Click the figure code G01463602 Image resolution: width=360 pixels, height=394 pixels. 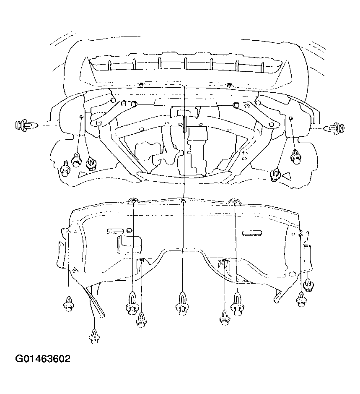43,359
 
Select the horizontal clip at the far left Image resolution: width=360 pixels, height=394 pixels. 26,125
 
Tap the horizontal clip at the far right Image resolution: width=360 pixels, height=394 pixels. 334,128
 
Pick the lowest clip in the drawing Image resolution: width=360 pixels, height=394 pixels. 94,337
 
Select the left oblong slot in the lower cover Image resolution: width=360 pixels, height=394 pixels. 115,231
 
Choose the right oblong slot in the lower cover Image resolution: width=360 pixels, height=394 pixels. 252,233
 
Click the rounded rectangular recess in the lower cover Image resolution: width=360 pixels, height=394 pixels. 129,244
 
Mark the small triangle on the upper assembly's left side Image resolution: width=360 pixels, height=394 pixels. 83,174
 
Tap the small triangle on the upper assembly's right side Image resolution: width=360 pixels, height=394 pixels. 287,176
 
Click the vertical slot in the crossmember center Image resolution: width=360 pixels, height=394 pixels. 185,124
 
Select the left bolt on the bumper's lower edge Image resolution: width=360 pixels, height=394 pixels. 141,84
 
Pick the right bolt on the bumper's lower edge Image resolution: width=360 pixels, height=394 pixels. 228,85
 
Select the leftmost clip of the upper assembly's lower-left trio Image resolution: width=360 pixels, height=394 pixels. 65,169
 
